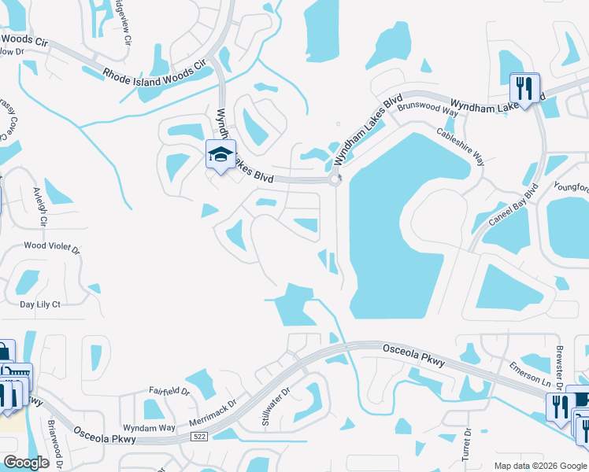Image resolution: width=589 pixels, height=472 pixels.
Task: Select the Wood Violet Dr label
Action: point(52,246)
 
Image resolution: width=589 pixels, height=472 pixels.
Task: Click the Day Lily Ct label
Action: point(40,303)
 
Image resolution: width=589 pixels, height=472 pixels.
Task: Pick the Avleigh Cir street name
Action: point(39,207)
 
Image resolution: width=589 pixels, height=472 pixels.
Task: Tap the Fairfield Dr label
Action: point(169,390)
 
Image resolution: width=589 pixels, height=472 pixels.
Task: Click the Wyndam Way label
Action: point(149,427)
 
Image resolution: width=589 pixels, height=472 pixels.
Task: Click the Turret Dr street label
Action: point(466,444)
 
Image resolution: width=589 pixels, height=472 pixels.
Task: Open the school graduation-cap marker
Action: point(220,153)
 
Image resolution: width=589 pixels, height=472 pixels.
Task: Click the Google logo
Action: point(26,463)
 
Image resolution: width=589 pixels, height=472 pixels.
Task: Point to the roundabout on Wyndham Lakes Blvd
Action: point(335,180)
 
